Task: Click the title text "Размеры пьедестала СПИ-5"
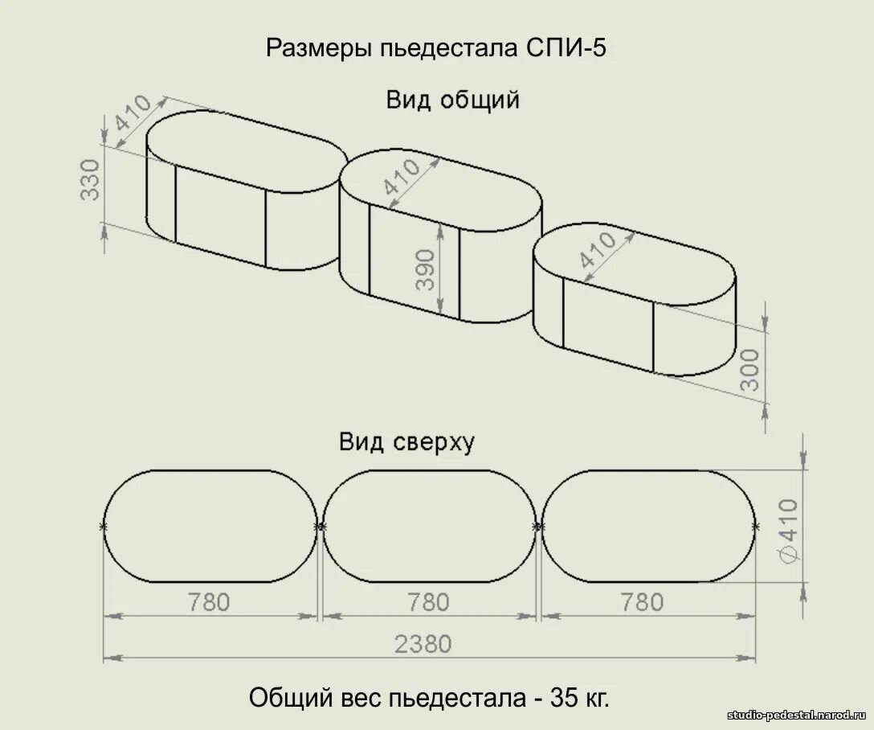[435, 48]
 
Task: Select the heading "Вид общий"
[452, 100]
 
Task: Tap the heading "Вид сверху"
[406, 442]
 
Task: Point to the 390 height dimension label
[425, 269]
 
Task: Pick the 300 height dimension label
[749, 369]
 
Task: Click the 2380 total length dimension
[423, 643]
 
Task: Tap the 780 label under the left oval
[208, 601]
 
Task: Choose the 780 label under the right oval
[642, 601]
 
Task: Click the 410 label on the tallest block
[401, 178]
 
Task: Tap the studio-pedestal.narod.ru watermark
[798, 715]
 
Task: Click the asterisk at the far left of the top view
[103, 527]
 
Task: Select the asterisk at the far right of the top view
[755, 527]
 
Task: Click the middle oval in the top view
[430, 527]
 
